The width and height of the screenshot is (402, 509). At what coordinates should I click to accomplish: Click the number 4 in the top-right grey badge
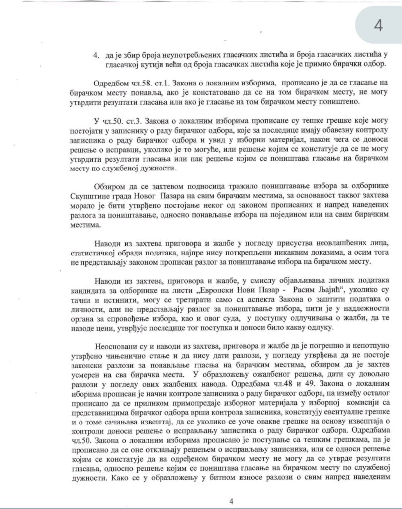coord(378,25)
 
